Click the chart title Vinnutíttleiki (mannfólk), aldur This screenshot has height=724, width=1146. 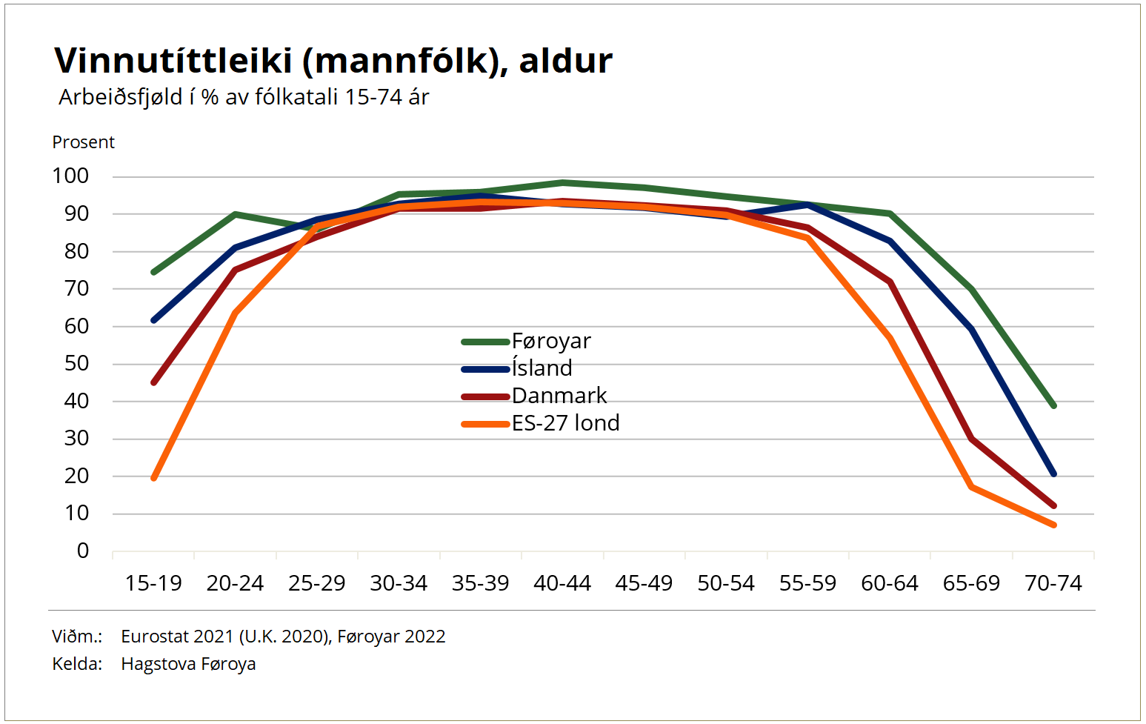coord(333,61)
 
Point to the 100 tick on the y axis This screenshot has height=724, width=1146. coord(70,176)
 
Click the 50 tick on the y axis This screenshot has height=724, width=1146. coord(76,364)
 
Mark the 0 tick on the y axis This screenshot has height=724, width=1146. coord(82,551)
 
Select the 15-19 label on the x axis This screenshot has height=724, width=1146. coord(153,584)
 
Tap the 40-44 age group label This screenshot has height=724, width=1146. coord(562,584)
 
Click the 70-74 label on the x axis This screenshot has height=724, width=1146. coord(1053,584)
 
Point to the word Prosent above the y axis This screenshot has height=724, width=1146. coord(83,142)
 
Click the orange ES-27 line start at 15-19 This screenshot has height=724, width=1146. coord(154,478)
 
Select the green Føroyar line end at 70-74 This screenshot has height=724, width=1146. coord(1053,405)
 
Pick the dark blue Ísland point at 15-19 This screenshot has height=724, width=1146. coord(154,320)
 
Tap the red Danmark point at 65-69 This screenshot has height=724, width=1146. coord(971,439)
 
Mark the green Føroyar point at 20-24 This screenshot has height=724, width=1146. coord(236,214)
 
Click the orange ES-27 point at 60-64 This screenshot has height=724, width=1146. coord(890,339)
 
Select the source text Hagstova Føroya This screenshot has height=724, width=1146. coord(188,664)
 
